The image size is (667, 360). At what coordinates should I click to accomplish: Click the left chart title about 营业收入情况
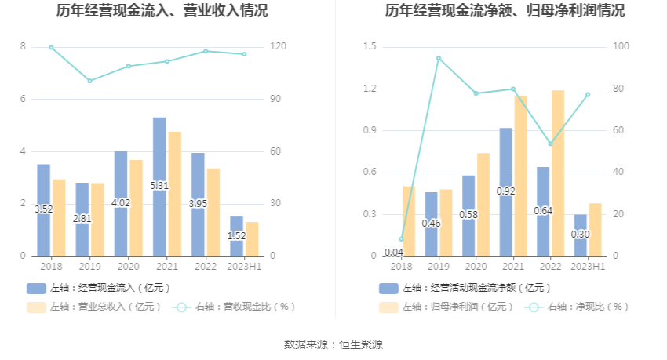click(x=162, y=11)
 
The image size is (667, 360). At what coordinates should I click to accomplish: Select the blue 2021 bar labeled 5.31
click(x=159, y=187)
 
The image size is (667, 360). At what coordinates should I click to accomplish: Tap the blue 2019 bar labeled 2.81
click(x=82, y=219)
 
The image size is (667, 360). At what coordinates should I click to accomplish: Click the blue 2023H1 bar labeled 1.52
click(x=236, y=235)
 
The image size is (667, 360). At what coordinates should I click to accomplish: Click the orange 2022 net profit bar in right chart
click(x=558, y=173)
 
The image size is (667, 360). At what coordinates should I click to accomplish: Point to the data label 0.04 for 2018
click(x=394, y=252)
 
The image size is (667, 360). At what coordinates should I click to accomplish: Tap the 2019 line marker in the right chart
click(x=439, y=58)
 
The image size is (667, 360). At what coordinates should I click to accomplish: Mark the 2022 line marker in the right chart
click(x=551, y=144)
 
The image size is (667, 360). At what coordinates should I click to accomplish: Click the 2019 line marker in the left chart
click(x=89, y=81)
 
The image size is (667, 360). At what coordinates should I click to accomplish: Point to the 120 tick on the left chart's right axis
click(x=278, y=47)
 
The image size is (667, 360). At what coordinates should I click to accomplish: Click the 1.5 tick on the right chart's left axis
click(x=370, y=47)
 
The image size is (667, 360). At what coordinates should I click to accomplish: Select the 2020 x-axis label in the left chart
click(x=128, y=267)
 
